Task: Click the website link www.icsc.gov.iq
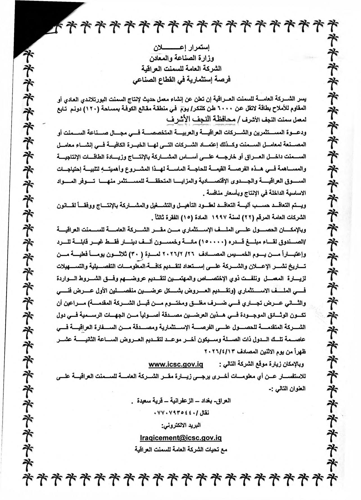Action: (175, 365)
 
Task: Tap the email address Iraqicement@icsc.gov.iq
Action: (181, 438)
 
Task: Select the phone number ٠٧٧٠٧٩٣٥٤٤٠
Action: (180, 413)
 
